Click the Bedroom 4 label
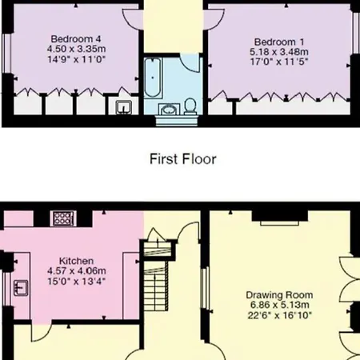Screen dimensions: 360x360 click(x=76, y=39)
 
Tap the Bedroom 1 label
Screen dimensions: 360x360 click(x=279, y=42)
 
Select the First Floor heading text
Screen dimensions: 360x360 click(x=182, y=159)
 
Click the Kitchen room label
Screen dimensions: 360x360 click(x=76, y=261)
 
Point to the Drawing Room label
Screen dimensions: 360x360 click(x=279, y=295)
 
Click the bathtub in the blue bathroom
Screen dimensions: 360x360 click(x=153, y=78)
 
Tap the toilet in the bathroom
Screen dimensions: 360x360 click(x=190, y=106)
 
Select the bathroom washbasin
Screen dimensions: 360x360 click(x=168, y=110)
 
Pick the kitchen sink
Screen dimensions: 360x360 click(x=21, y=288)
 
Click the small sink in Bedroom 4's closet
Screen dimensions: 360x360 click(x=124, y=107)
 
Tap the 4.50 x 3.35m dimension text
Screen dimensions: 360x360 click(x=77, y=49)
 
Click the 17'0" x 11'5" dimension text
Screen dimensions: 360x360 click(x=279, y=62)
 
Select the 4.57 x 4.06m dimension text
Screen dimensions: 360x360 click(x=77, y=271)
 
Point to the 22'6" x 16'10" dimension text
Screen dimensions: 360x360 click(x=279, y=315)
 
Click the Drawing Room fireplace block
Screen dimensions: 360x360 click(x=280, y=216)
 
